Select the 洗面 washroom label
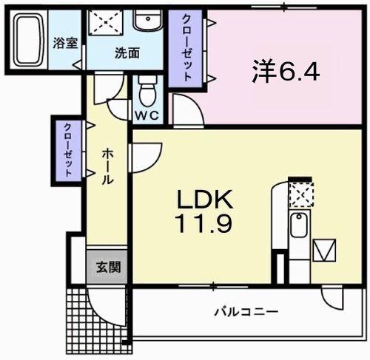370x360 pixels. [x=127, y=53]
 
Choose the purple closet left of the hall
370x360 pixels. [x=67, y=149]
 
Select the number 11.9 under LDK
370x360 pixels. [x=204, y=223]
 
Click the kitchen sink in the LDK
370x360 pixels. [x=298, y=225]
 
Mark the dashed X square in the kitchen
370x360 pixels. [x=300, y=195]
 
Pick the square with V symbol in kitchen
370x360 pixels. [x=324, y=251]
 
